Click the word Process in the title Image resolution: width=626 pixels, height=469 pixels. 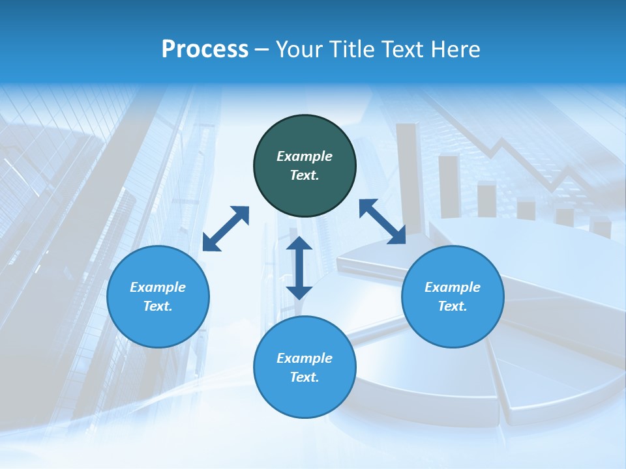pyautogui.click(x=205, y=50)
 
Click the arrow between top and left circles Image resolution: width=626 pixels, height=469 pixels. pyautogui.click(x=226, y=229)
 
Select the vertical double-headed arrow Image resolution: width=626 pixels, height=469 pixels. pyautogui.click(x=299, y=268)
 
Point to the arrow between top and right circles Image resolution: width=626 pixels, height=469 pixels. pyautogui.click(x=383, y=221)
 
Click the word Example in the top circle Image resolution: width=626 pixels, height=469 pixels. pyautogui.click(x=305, y=156)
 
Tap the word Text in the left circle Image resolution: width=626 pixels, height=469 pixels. pyautogui.click(x=158, y=306)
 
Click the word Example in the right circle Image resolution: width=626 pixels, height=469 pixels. pyautogui.click(x=453, y=287)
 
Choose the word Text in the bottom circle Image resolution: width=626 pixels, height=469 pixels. pyautogui.click(x=305, y=377)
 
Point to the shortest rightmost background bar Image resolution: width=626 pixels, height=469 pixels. pyautogui.click(x=601, y=228)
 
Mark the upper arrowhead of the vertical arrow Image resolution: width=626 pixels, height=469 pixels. pyautogui.click(x=299, y=244)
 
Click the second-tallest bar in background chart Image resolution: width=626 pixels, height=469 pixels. pyautogui.click(x=449, y=186)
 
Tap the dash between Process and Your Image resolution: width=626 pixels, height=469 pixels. pyautogui.click(x=261, y=50)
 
